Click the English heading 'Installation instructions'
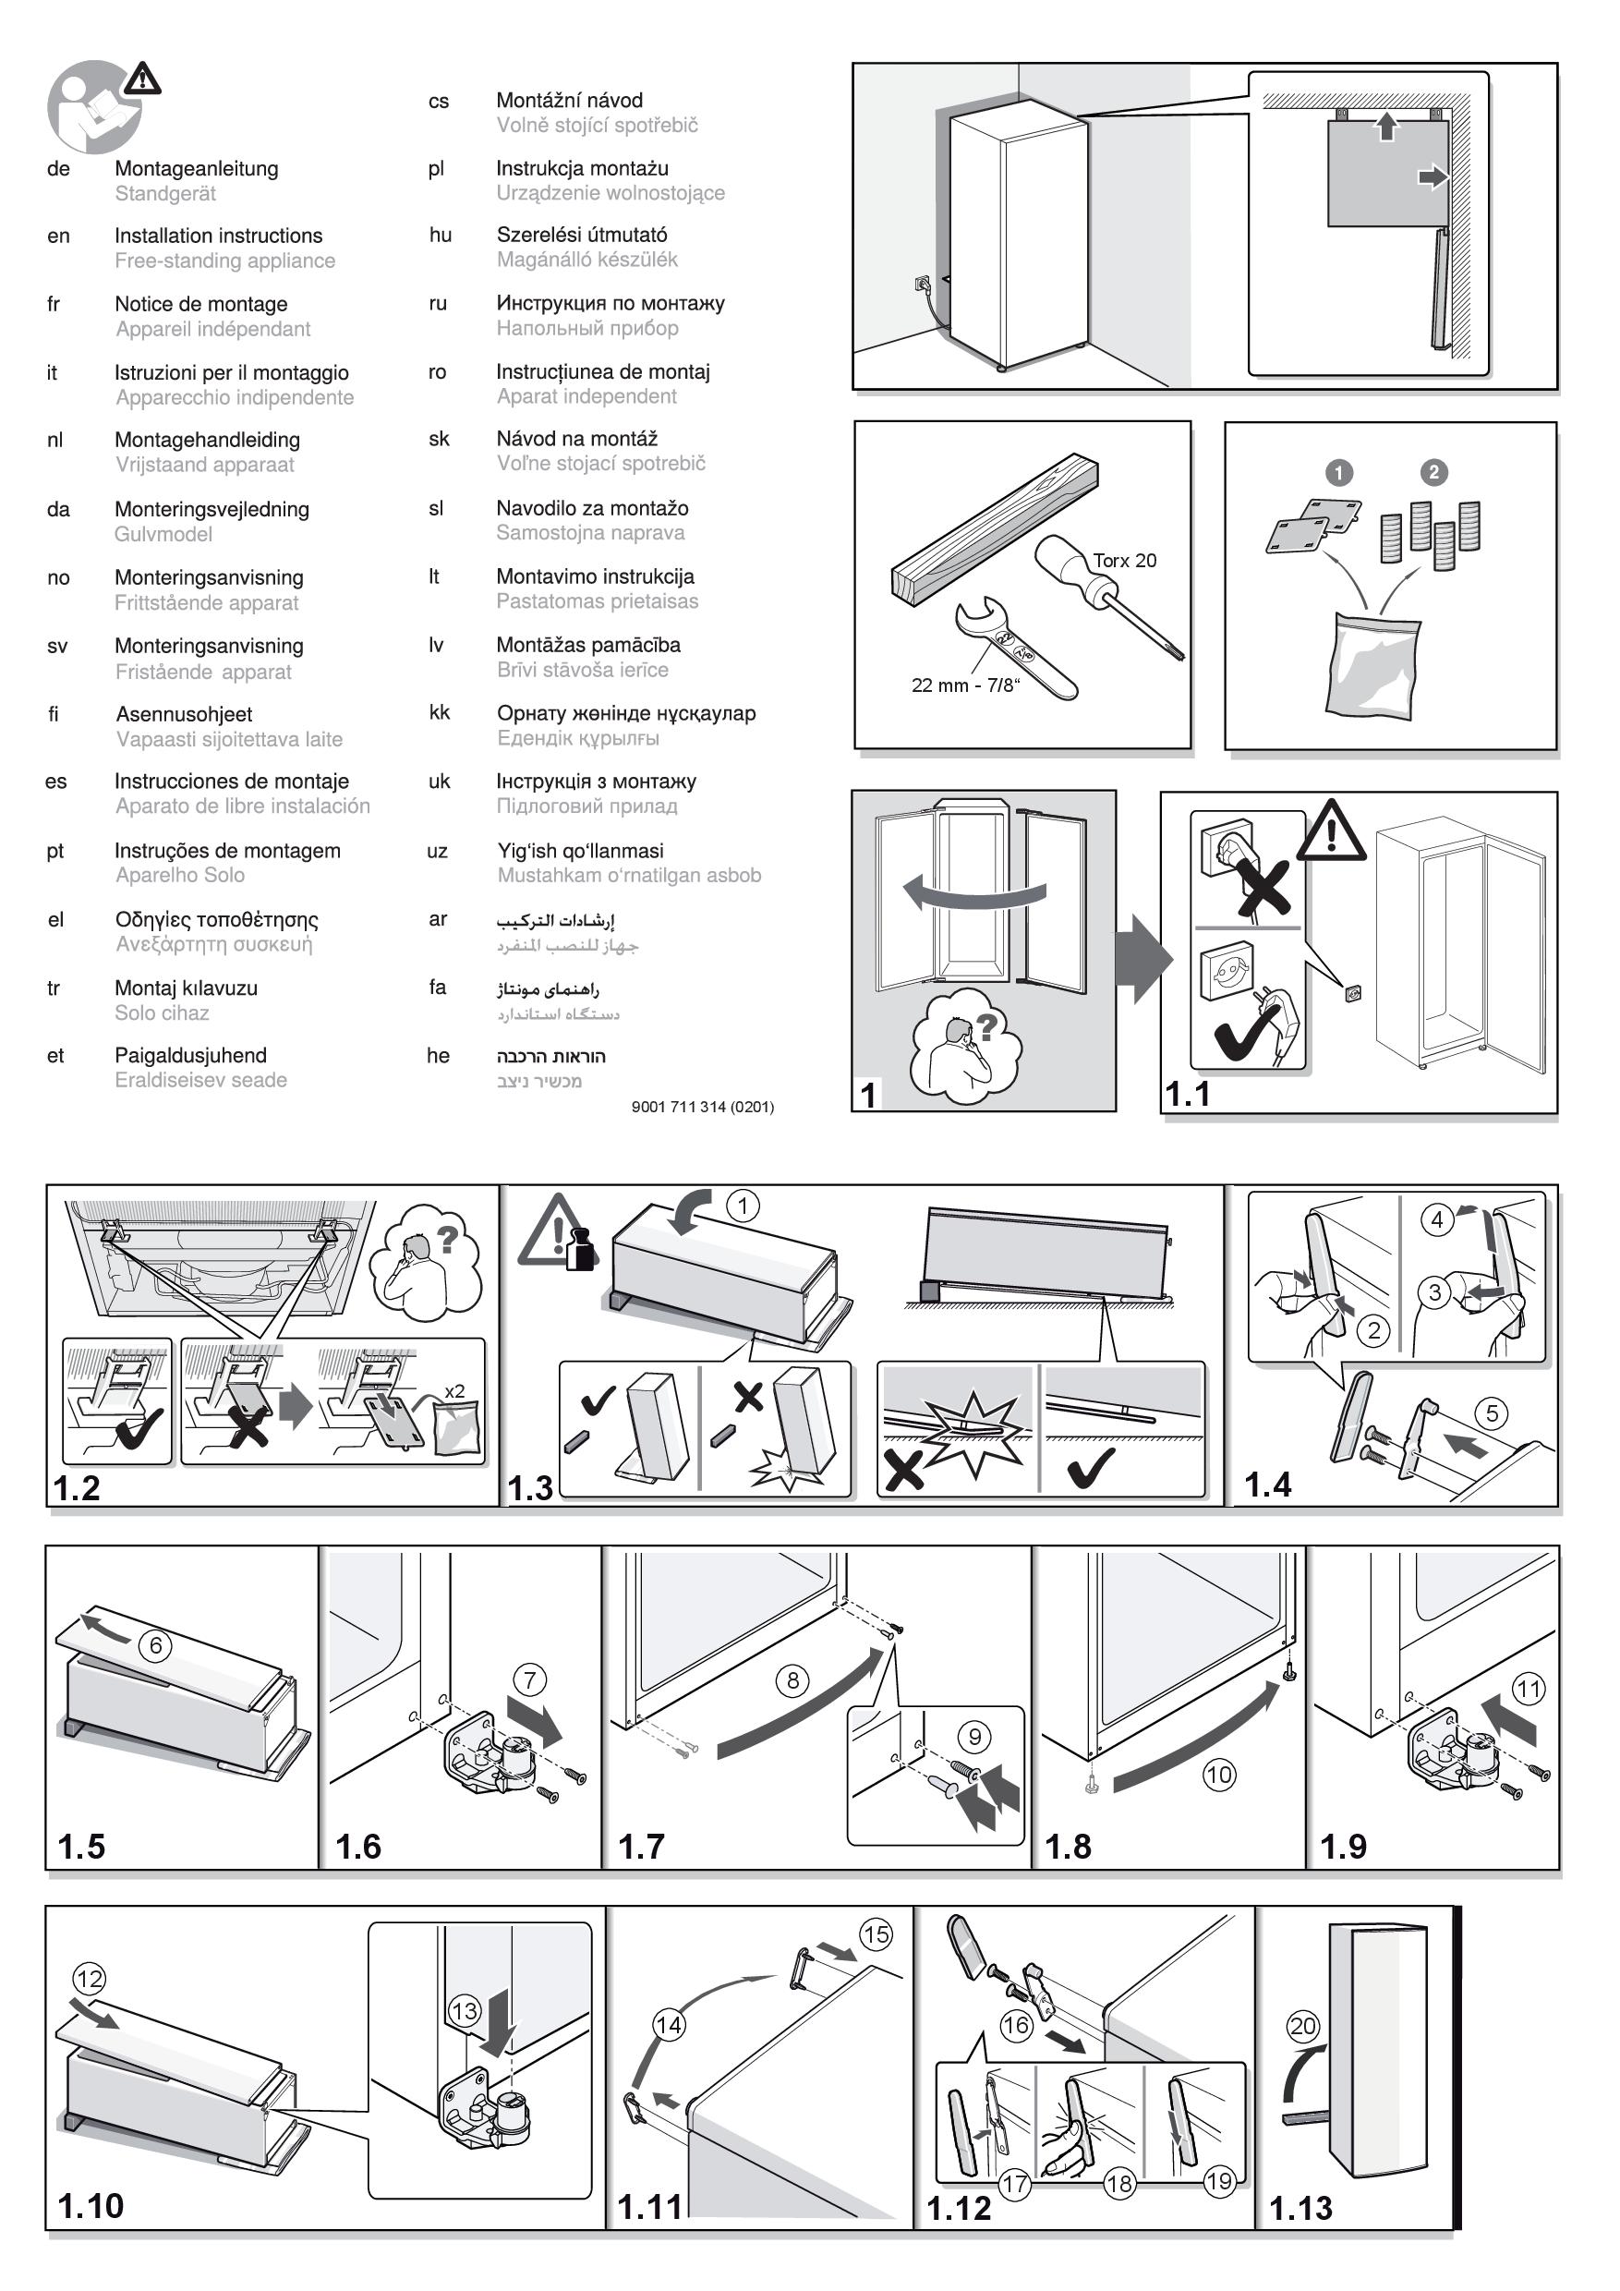[219, 236]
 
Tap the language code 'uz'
[437, 851]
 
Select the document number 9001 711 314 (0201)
[702, 1107]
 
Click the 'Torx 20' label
[1124, 561]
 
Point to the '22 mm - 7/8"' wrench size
[965, 685]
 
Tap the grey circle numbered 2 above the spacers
[1433, 472]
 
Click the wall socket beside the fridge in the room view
[922, 284]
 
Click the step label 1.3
[530, 1489]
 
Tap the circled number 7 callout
[530, 1680]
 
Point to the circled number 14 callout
[669, 2026]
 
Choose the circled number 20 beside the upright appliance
[1303, 2027]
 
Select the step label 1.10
[91, 2206]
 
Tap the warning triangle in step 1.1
[1332, 830]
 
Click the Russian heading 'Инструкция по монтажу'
[611, 303]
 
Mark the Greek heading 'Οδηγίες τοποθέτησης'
[216, 920]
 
